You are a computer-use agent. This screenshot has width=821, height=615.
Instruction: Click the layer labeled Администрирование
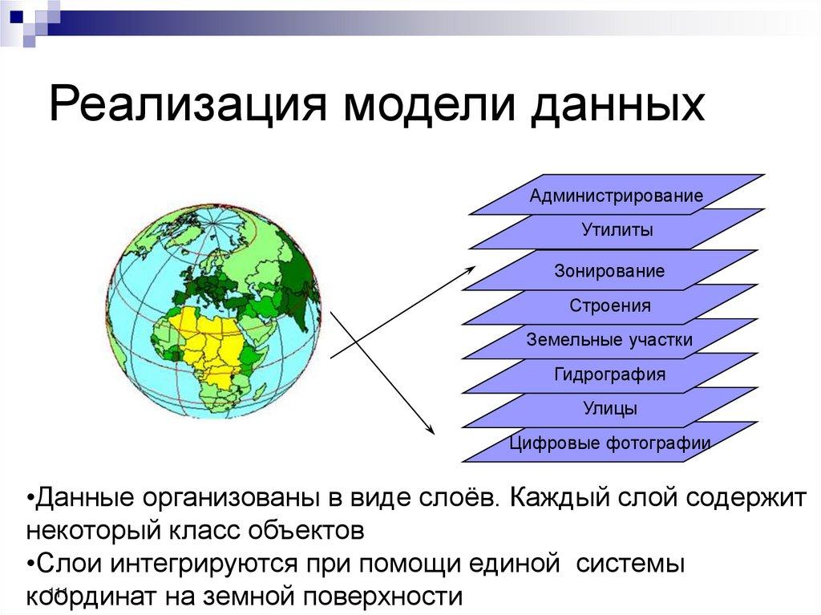pyautogui.click(x=616, y=196)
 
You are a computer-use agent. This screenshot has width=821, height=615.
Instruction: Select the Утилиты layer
pyautogui.click(x=617, y=231)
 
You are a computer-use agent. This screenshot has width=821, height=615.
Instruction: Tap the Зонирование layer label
pyautogui.click(x=609, y=271)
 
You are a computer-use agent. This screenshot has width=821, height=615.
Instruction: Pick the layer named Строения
pyautogui.click(x=610, y=305)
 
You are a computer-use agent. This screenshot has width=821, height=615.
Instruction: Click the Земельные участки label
pyautogui.click(x=609, y=340)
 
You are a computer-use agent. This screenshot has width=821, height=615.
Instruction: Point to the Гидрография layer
pyautogui.click(x=609, y=374)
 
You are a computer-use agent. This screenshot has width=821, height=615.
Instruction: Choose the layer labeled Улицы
pyautogui.click(x=610, y=409)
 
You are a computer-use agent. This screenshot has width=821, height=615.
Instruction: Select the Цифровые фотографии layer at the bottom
pyautogui.click(x=610, y=443)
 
